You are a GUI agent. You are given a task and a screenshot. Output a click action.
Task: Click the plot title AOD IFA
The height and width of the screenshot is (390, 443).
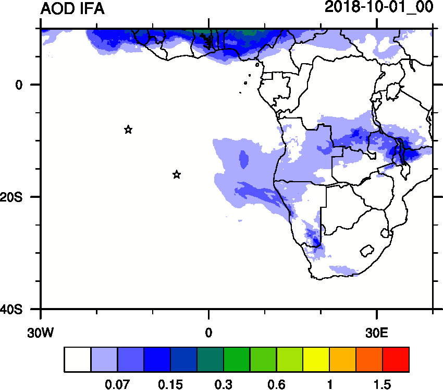(x=72, y=9)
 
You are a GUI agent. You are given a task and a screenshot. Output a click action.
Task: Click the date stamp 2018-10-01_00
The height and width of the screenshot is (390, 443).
(x=379, y=8)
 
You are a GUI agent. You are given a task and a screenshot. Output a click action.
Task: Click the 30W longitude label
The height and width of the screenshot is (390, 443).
(x=40, y=330)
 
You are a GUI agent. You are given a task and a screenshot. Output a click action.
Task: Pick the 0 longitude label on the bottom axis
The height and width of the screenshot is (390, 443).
(x=208, y=330)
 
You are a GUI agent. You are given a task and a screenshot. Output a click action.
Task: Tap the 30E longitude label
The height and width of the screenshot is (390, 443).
(x=377, y=330)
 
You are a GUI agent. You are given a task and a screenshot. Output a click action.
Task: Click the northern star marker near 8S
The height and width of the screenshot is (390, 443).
(x=128, y=129)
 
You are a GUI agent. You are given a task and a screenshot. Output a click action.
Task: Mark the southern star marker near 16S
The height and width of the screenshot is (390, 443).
(x=177, y=174)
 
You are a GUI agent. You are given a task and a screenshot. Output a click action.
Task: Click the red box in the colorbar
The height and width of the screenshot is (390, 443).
(x=396, y=360)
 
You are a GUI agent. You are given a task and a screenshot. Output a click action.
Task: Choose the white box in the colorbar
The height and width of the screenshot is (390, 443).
(x=78, y=360)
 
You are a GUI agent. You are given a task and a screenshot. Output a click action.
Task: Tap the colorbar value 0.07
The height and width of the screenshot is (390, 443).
(x=118, y=385)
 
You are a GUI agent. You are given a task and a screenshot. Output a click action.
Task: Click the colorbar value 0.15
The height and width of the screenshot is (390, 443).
(x=170, y=385)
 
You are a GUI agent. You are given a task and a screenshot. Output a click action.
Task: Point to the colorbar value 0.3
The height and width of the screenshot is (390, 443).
(x=224, y=385)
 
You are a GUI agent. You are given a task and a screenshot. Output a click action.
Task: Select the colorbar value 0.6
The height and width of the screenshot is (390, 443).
(x=277, y=385)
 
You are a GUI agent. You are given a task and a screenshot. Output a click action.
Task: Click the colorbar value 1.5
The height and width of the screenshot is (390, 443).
(x=382, y=385)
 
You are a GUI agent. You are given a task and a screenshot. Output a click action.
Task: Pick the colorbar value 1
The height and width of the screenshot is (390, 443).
(x=329, y=385)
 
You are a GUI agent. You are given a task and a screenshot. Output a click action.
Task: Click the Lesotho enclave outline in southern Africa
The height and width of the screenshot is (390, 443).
(x=368, y=251)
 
